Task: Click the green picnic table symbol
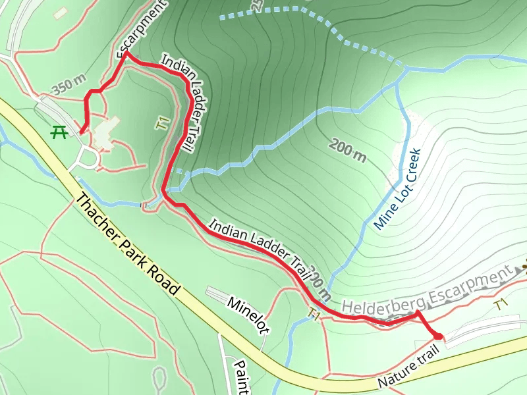pyautogui.click(x=59, y=132)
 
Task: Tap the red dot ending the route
pyautogui.click(x=438, y=336)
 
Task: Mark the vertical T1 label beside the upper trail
pyautogui.click(x=161, y=123)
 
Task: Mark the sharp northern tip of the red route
pyautogui.click(x=125, y=53)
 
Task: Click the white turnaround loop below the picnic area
pyautogui.click(x=88, y=159)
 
